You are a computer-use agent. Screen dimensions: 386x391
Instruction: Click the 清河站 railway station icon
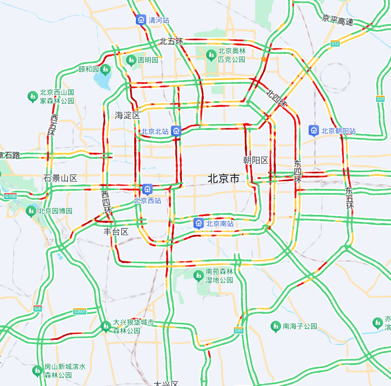141,20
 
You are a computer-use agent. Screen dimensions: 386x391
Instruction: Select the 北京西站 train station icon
147,189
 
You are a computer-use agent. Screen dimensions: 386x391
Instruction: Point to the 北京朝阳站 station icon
314,131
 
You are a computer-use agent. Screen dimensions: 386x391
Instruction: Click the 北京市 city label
223,179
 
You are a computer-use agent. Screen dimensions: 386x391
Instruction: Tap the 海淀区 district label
127,115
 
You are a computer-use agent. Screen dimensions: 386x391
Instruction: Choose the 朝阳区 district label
256,160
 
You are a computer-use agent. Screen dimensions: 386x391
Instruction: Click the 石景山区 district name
60,178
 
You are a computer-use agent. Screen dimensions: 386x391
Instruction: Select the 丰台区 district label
116,232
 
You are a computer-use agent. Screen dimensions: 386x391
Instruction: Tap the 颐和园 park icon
105,70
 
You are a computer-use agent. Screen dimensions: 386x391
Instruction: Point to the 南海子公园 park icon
275,326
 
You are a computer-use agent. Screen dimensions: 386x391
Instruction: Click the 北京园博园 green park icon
32,211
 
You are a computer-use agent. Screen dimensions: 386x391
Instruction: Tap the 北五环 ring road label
172,41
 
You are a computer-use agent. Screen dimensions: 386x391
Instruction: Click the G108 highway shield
10,196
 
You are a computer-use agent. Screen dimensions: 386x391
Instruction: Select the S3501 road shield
79,312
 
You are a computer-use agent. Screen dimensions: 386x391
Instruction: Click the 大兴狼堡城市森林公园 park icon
105,326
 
